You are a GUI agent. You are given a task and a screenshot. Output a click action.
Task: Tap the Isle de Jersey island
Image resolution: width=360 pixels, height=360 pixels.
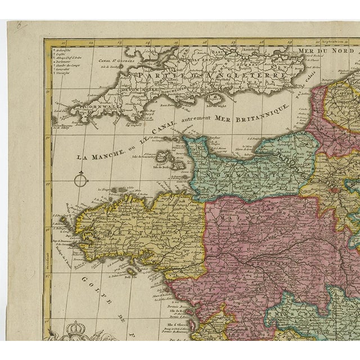[179, 166]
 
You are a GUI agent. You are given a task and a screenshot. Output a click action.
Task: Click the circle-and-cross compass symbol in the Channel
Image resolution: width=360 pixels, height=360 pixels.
[81, 180]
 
